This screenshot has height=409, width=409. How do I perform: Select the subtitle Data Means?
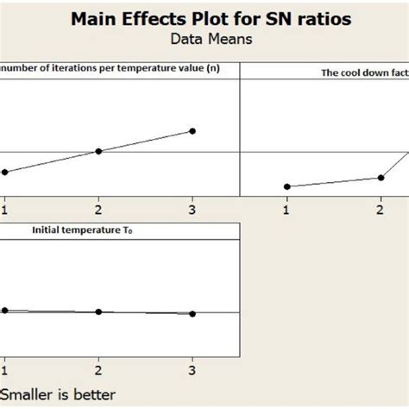(204, 41)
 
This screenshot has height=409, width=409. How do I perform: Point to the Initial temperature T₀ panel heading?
(76, 230)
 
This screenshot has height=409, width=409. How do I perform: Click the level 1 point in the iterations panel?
(4, 172)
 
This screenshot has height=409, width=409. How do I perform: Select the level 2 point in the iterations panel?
(98, 151)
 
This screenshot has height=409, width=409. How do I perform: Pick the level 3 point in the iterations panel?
(192, 130)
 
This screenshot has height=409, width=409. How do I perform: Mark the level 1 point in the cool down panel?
(286, 186)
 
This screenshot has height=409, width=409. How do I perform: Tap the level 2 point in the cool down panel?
(381, 178)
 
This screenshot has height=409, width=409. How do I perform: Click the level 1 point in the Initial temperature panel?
(4, 310)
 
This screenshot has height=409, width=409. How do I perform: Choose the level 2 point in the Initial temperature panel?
(98, 311)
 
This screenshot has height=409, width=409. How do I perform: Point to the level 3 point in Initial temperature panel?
(192, 314)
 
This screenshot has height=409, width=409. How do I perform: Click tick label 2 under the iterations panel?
(98, 208)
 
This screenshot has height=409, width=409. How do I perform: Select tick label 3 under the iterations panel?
(192, 208)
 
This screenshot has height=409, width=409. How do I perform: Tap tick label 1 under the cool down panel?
(286, 208)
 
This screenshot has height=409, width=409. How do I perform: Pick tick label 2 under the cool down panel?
(381, 208)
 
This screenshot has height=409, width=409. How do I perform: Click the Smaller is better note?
(58, 394)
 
